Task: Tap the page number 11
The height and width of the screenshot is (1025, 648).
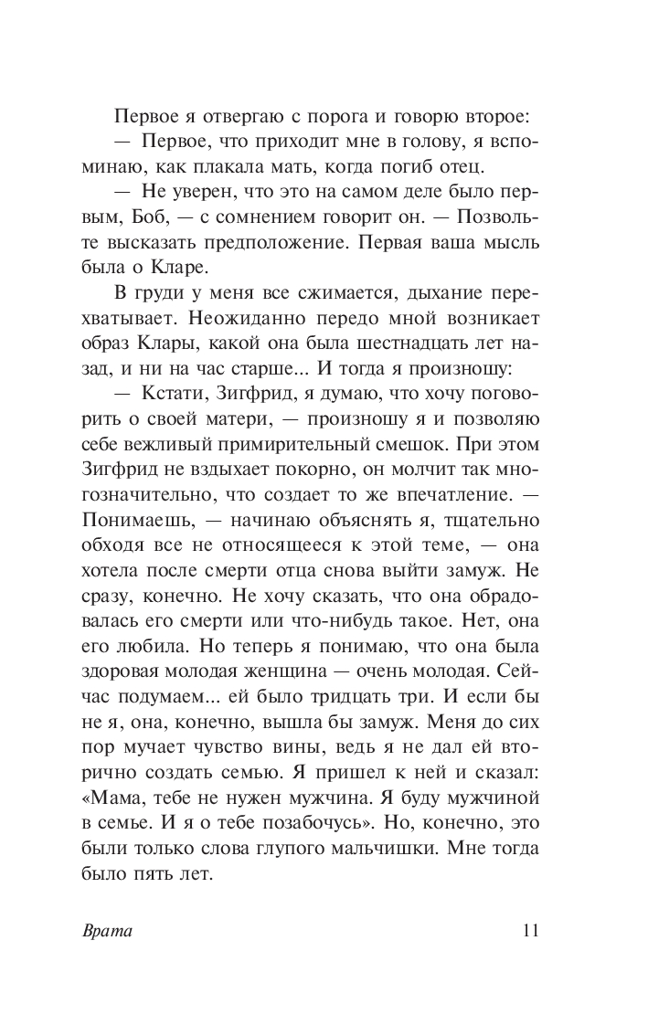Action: click(529, 932)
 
